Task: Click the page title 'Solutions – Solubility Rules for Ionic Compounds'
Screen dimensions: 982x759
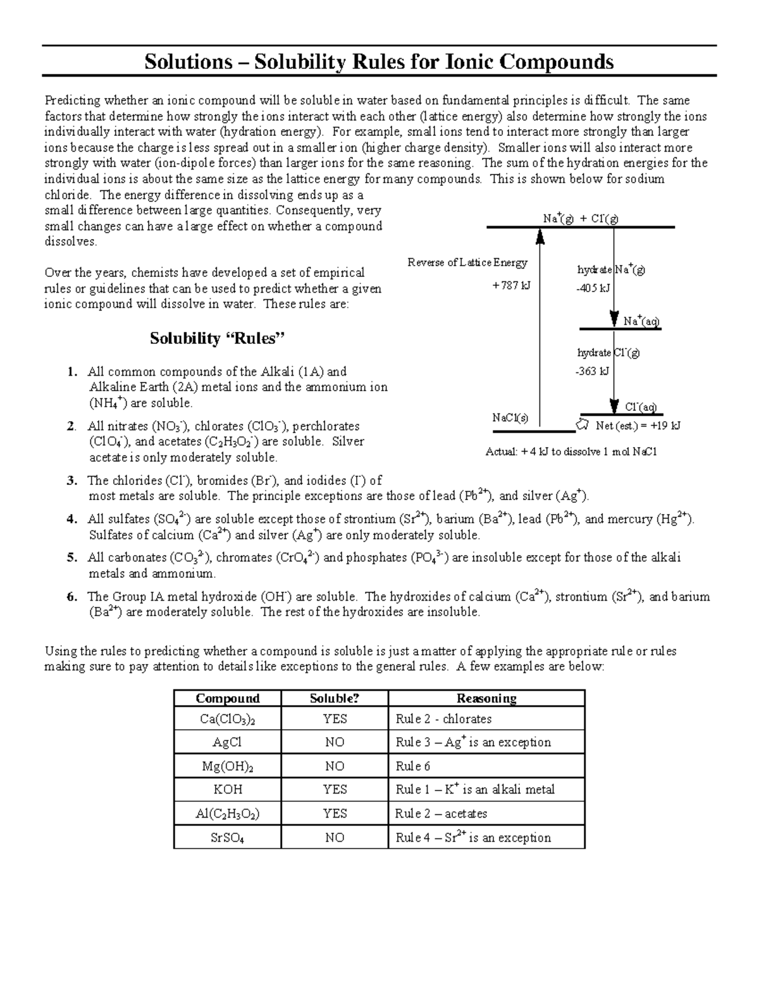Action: click(379, 62)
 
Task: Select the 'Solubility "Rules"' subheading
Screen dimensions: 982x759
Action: click(218, 338)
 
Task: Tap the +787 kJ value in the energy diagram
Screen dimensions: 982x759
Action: click(511, 286)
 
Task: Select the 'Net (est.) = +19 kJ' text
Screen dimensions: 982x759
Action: click(638, 426)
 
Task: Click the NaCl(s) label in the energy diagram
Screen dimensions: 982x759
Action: click(510, 418)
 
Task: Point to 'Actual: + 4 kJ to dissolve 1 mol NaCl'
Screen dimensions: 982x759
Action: click(571, 452)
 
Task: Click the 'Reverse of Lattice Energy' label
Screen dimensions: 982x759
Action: click(467, 262)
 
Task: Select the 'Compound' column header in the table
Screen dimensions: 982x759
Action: click(228, 698)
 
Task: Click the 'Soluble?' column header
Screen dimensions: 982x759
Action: click(334, 698)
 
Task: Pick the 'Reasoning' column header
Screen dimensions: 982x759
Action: click(486, 698)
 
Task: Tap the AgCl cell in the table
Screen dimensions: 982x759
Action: click(228, 742)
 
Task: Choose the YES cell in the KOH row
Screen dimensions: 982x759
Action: click(335, 789)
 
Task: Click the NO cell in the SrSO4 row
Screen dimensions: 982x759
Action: click(335, 838)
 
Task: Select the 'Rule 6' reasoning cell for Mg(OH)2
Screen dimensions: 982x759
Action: click(413, 766)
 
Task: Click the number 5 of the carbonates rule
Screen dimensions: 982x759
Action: click(72, 558)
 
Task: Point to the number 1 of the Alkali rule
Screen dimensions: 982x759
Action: click(72, 372)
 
